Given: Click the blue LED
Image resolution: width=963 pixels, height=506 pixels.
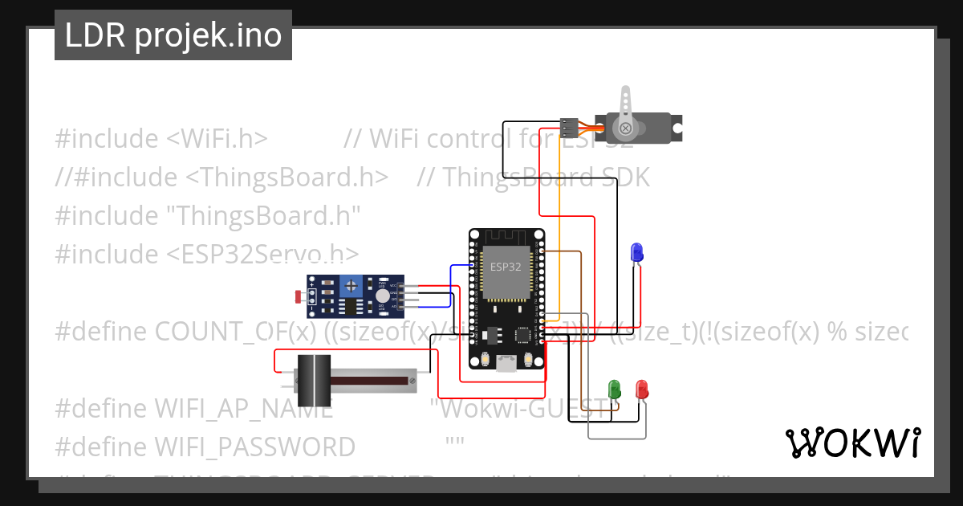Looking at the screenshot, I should click(x=636, y=251).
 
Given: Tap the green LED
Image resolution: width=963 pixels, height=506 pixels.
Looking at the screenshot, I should click(x=615, y=390).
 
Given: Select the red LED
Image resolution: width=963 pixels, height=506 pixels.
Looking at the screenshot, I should click(x=642, y=390).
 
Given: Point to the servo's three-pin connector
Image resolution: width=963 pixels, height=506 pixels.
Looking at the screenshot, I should click(x=569, y=127).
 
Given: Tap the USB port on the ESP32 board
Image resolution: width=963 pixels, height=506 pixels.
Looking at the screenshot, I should click(x=506, y=365).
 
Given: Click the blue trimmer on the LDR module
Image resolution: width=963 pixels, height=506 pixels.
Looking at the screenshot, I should click(x=350, y=285).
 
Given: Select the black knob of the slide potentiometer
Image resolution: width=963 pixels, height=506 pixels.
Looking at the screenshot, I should click(x=314, y=380).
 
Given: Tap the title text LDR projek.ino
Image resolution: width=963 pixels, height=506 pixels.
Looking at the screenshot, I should click(x=173, y=36).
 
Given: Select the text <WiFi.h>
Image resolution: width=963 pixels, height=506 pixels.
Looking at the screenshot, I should click(x=217, y=138).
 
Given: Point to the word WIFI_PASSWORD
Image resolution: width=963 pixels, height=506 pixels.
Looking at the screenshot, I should click(x=254, y=447).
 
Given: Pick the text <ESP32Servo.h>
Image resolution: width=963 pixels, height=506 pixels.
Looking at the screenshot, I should click(x=262, y=254).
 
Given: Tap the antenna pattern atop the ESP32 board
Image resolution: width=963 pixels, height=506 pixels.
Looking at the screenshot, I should click(x=506, y=240).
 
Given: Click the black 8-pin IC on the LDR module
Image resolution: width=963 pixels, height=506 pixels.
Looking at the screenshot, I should click(x=350, y=306).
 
